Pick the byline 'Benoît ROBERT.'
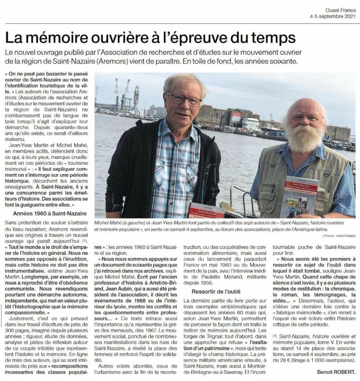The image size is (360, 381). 333,372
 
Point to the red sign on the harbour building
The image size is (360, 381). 236,117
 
